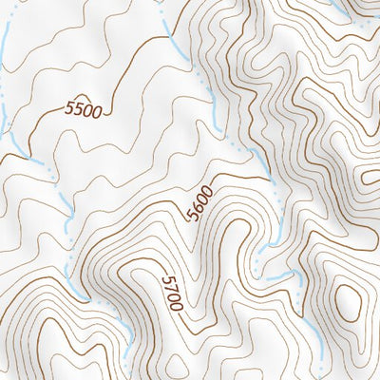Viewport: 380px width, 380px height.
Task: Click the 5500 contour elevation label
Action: [x=84, y=110]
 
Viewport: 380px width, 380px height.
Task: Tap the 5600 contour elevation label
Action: [x=200, y=201]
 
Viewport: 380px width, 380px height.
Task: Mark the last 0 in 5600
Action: [x=206, y=189]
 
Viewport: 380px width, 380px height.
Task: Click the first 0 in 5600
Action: [x=202, y=198]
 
